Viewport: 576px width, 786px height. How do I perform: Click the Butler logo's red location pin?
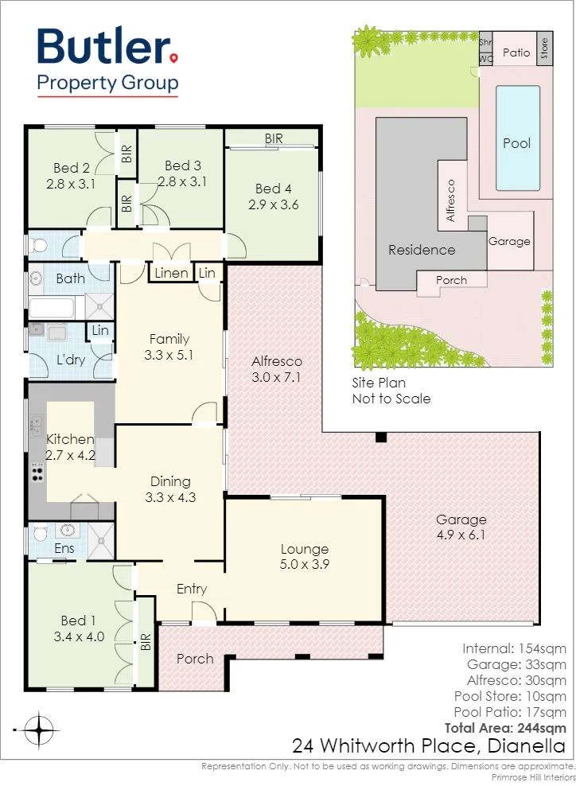pos(173,59)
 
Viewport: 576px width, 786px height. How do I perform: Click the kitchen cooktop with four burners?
pos(37,473)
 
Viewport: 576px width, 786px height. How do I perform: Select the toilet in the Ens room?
pos(40,533)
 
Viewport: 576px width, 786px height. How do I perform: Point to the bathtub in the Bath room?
pos(53,307)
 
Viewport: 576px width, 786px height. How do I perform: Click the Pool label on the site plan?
pos(517,143)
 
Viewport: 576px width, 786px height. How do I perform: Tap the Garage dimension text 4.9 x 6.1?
pos(461,535)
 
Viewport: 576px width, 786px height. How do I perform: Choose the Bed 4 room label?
pos(273,189)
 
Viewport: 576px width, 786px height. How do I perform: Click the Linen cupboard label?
pos(171,273)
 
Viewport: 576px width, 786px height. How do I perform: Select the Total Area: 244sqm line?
pos(505,728)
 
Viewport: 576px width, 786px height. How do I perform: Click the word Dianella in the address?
pos(527,746)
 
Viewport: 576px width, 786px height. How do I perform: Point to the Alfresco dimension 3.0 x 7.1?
pos(276,377)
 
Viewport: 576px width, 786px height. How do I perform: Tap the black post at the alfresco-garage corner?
pos(381,437)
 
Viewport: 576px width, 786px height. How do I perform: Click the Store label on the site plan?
pos(544,48)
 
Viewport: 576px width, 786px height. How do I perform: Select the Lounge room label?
pos(304,549)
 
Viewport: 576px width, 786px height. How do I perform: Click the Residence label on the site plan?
pos(422,250)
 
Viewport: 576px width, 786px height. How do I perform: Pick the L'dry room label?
pos(71,360)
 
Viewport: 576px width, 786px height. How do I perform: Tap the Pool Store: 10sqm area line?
pos(510,696)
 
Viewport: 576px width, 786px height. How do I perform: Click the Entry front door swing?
pos(204,613)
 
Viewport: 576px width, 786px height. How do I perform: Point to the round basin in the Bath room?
pos(36,278)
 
